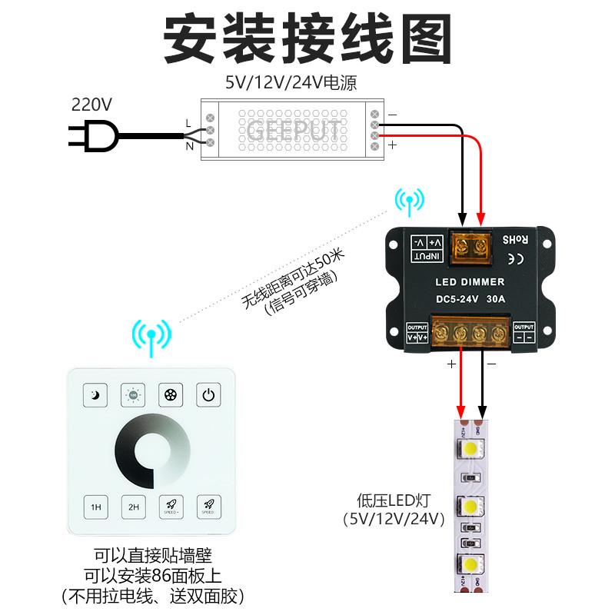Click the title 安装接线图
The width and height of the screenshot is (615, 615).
[x=307, y=38]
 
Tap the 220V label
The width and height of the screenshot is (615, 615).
[x=91, y=104]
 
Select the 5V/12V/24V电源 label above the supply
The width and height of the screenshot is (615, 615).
[x=291, y=82]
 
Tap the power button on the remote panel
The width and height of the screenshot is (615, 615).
[x=208, y=395]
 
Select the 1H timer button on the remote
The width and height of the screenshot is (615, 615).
[x=96, y=507]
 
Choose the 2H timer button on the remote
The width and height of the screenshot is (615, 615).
[x=133, y=507]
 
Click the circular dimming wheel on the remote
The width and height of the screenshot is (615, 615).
[x=152, y=451]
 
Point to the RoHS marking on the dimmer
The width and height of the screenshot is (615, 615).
[x=515, y=239]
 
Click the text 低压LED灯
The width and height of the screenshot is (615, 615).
[x=394, y=500]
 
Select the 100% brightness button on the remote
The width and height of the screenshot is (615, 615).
[x=133, y=395]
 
